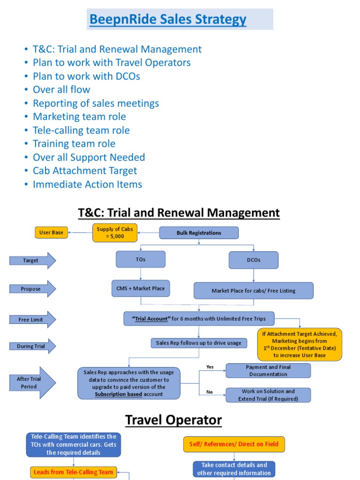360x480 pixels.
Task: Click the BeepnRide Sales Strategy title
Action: [x=168, y=20]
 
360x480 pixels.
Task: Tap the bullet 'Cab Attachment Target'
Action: [x=85, y=171]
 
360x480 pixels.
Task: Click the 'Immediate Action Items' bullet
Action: [x=87, y=184]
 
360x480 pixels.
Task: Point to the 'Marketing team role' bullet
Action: [x=79, y=117]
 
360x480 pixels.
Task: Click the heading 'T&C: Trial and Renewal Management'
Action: [x=179, y=213]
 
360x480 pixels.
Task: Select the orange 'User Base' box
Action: [x=52, y=232]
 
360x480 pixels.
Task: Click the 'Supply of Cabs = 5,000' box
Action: [x=114, y=232]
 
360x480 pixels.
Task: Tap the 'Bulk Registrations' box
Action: [x=199, y=232]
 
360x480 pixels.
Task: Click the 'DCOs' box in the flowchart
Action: [x=254, y=260]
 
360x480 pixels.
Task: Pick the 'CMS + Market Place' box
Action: [x=141, y=288]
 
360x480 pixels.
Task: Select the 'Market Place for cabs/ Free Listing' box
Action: [x=254, y=291]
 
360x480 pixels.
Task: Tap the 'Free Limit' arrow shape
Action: [x=32, y=319]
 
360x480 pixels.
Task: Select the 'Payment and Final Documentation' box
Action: [x=268, y=371]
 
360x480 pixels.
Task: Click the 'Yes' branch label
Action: [x=210, y=367]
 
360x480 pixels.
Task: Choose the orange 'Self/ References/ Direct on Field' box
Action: [x=233, y=444]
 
